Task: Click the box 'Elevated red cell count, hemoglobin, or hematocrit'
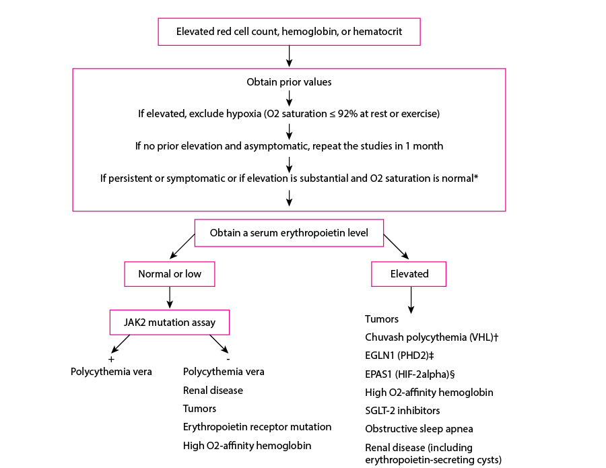[x=289, y=32]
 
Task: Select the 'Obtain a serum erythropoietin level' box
[x=289, y=232]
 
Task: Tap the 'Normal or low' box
[x=169, y=274]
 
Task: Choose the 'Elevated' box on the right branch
[x=409, y=274]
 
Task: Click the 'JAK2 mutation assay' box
[x=169, y=323]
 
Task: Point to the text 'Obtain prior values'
[x=289, y=83]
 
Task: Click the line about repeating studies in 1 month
[x=289, y=145]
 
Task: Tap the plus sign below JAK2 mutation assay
[x=110, y=359]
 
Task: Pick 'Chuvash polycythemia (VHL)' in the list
[x=431, y=337]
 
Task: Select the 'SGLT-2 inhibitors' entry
[x=403, y=410]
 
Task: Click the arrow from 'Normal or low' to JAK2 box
[x=169, y=298]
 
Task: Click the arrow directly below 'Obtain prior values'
[x=289, y=98]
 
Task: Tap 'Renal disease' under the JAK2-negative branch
[x=213, y=391]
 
